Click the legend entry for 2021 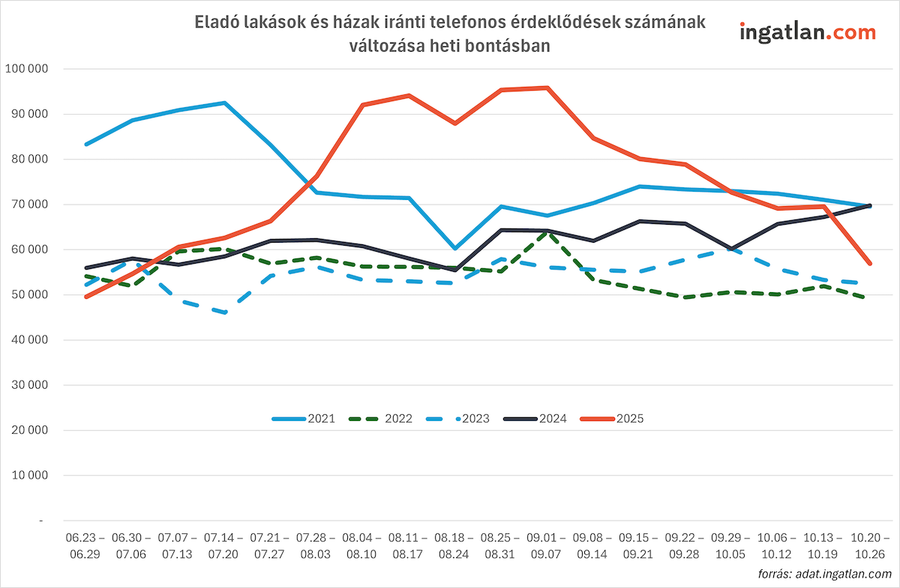tap(303, 419)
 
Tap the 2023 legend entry tap(457, 419)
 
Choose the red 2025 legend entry tap(612, 419)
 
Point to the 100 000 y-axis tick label tap(26, 69)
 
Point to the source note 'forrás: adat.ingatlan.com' tap(824, 573)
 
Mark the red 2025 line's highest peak tap(547, 88)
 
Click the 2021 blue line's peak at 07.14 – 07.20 tap(225, 103)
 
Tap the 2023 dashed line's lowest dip tap(225, 312)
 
